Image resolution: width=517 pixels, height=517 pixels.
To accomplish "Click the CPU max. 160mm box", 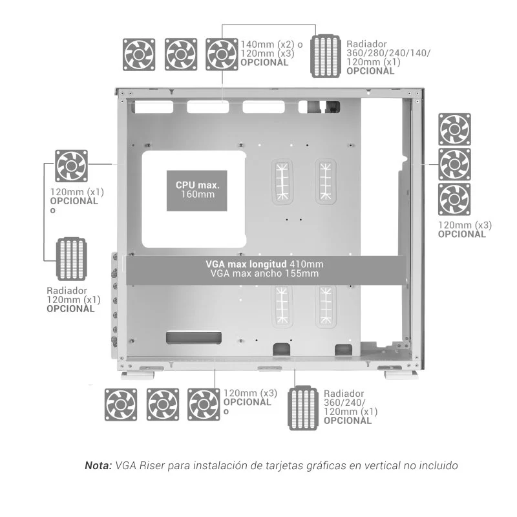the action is pos(197,191).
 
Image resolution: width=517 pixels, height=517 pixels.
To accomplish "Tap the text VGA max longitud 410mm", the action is pos(264,264).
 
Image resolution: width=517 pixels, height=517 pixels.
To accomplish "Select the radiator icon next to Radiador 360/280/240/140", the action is pos(326,56).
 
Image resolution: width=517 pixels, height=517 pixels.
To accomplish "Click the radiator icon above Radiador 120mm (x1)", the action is pos(71,259).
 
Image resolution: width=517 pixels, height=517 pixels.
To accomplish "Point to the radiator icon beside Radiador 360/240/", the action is pos(303,408).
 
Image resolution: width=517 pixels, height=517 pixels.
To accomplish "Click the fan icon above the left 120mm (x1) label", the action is pos(71,166).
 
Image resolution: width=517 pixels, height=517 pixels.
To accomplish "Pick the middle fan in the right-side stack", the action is pos(454,164).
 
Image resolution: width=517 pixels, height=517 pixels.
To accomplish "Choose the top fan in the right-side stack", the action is pos(454,129).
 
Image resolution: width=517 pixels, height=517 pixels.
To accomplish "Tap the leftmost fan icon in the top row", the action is pos(139,54).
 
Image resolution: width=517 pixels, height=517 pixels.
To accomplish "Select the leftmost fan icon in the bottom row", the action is pos(121,405).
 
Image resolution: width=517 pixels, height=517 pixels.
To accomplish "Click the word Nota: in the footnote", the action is pos(99,465).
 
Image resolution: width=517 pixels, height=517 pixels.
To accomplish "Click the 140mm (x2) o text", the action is pos(271,45).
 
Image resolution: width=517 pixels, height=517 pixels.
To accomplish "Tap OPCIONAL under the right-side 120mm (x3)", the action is pos(461,235).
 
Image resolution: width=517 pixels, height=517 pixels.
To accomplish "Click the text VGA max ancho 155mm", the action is pos(264,273).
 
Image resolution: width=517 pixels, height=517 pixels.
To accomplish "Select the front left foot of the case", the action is pos(138,375).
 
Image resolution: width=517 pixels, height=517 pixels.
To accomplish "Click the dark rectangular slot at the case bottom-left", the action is pos(194,338).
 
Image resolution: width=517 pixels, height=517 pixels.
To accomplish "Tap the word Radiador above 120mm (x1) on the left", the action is pos(67,291).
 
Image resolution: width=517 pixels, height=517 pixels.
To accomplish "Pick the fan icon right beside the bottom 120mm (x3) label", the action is pos(204,405).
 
